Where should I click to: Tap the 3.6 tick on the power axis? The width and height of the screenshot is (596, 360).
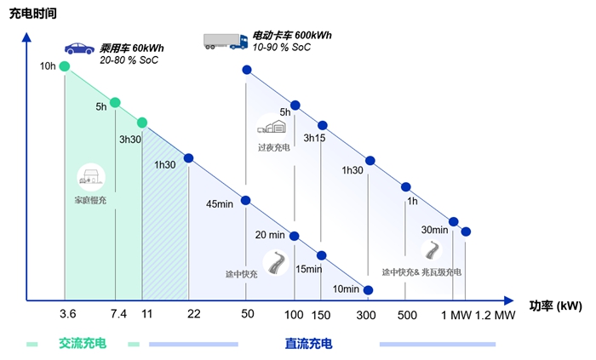[x=68, y=314]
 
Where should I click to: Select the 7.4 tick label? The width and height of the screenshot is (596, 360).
[x=117, y=314]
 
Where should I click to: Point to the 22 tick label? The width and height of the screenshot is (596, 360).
[x=194, y=314]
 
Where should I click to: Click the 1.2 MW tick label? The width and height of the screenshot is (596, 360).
[x=495, y=314]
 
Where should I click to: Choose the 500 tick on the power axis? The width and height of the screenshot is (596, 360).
[x=406, y=314]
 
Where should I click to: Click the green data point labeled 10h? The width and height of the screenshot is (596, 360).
[x=65, y=66]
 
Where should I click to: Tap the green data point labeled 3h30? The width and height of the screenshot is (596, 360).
[x=142, y=123]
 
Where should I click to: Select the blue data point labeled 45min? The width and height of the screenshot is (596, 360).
[x=246, y=201]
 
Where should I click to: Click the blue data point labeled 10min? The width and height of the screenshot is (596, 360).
[x=368, y=289]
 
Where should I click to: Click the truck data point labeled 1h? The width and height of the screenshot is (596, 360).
[x=406, y=186]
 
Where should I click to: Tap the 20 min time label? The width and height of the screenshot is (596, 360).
[x=271, y=235]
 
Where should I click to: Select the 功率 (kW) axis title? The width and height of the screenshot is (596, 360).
[x=555, y=304]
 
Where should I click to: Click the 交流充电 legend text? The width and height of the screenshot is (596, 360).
[x=83, y=344]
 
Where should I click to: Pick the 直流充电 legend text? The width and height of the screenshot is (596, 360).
[x=308, y=344]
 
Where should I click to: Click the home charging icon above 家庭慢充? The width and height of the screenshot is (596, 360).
[x=89, y=177]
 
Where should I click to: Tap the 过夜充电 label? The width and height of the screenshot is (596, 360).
[x=274, y=146]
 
